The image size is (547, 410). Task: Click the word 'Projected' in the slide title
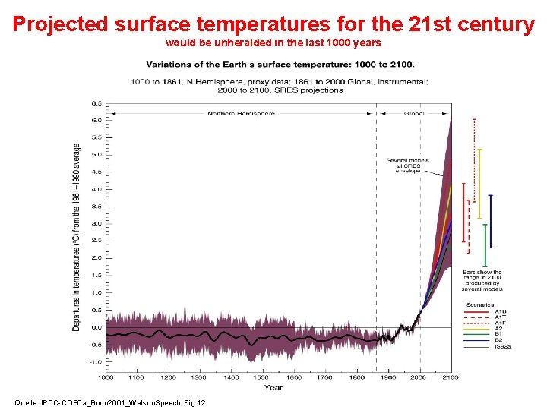pyautogui.click(x=60, y=24)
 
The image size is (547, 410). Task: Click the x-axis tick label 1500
pyautogui.click(x=261, y=377)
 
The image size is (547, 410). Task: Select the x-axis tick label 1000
pyautogui.click(x=106, y=377)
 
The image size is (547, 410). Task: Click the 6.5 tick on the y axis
pyautogui.click(x=97, y=102)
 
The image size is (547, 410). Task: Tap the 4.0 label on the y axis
pyautogui.click(x=97, y=189)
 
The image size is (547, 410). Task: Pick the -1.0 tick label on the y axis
pyautogui.click(x=96, y=362)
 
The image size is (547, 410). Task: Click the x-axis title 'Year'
pyautogui.click(x=273, y=387)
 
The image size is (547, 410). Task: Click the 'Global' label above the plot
pyautogui.click(x=414, y=114)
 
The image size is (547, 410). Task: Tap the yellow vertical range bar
pyautogui.click(x=479, y=182)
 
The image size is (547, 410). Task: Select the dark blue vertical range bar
pyautogui.click(x=491, y=221)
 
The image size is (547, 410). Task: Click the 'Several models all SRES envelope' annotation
pyautogui.click(x=407, y=166)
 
